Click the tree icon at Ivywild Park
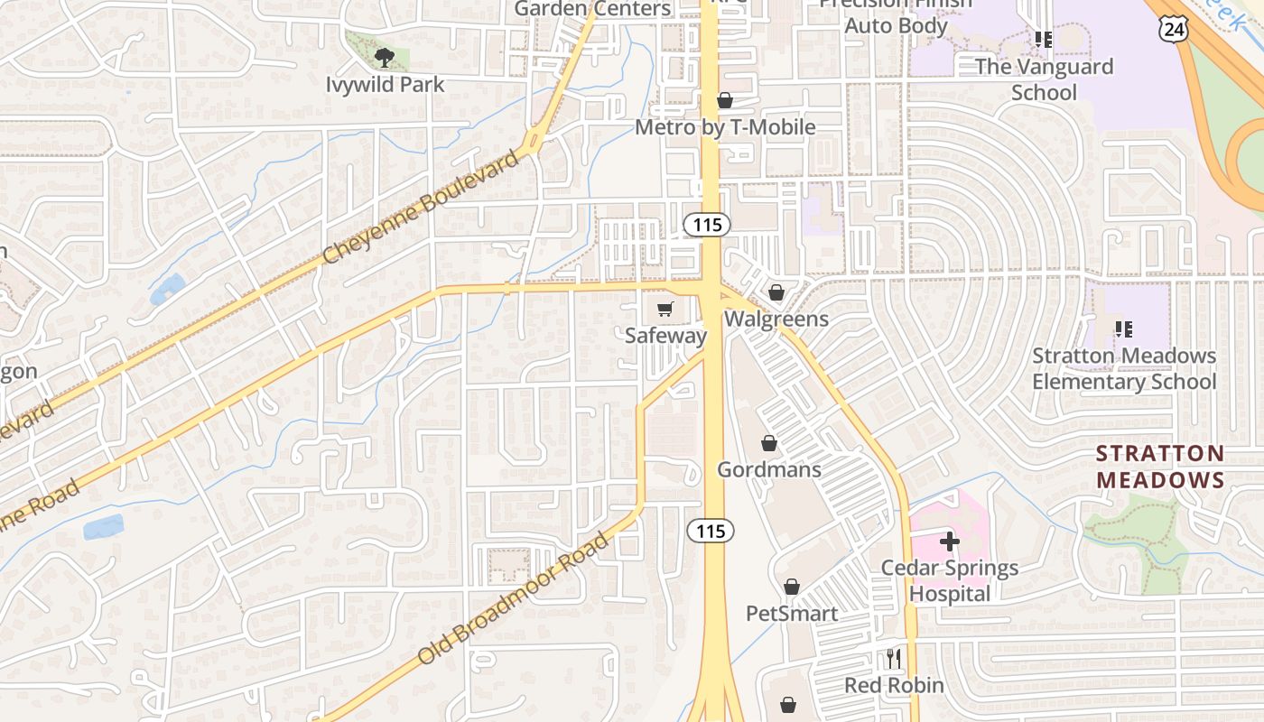386,58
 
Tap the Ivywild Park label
386,85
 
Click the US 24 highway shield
1175,29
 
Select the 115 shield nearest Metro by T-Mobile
707,224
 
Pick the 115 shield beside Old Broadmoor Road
711,531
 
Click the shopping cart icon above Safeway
665,310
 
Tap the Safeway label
666,336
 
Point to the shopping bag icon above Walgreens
776,292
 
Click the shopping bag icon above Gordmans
769,443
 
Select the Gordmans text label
769,469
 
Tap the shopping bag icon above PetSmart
792,587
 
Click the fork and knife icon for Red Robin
894,659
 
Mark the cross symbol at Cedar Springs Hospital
949,541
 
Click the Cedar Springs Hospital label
950,580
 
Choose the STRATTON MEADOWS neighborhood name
1160,467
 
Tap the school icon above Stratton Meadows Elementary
1124,329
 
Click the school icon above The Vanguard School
1044,40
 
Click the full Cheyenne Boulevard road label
422,207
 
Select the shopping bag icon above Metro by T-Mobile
725,100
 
